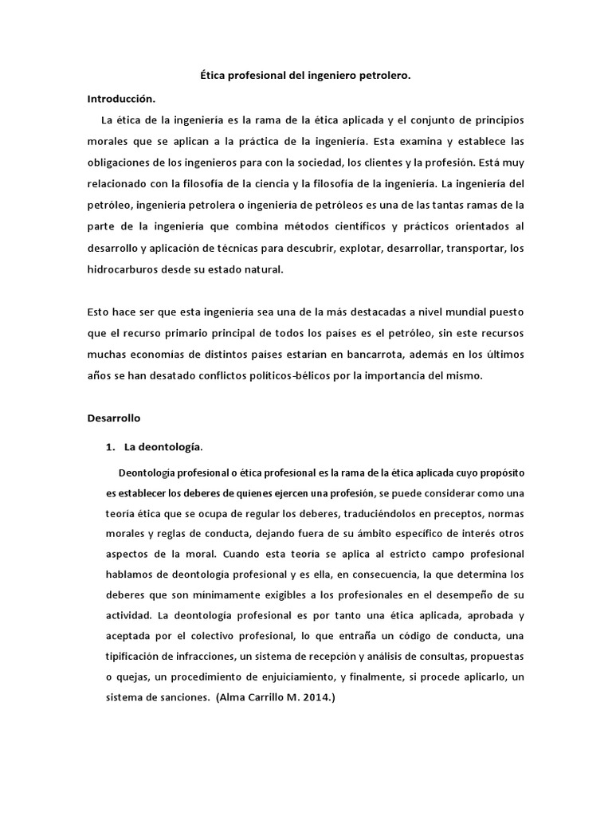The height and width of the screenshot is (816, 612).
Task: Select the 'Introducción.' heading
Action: [122, 99]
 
